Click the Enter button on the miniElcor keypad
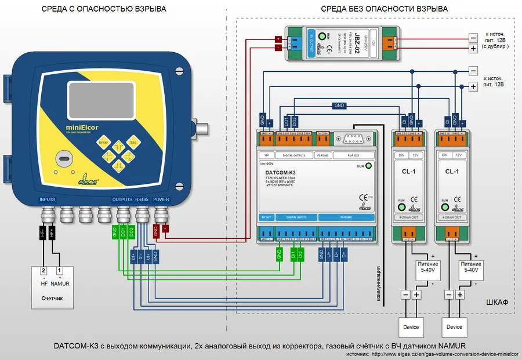(104, 142)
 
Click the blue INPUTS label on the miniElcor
(48, 199)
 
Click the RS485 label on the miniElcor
(143, 199)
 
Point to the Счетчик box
(52, 287)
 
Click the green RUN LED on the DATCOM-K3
(368, 166)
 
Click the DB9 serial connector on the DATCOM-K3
(352, 139)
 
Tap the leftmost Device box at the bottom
(411, 327)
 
